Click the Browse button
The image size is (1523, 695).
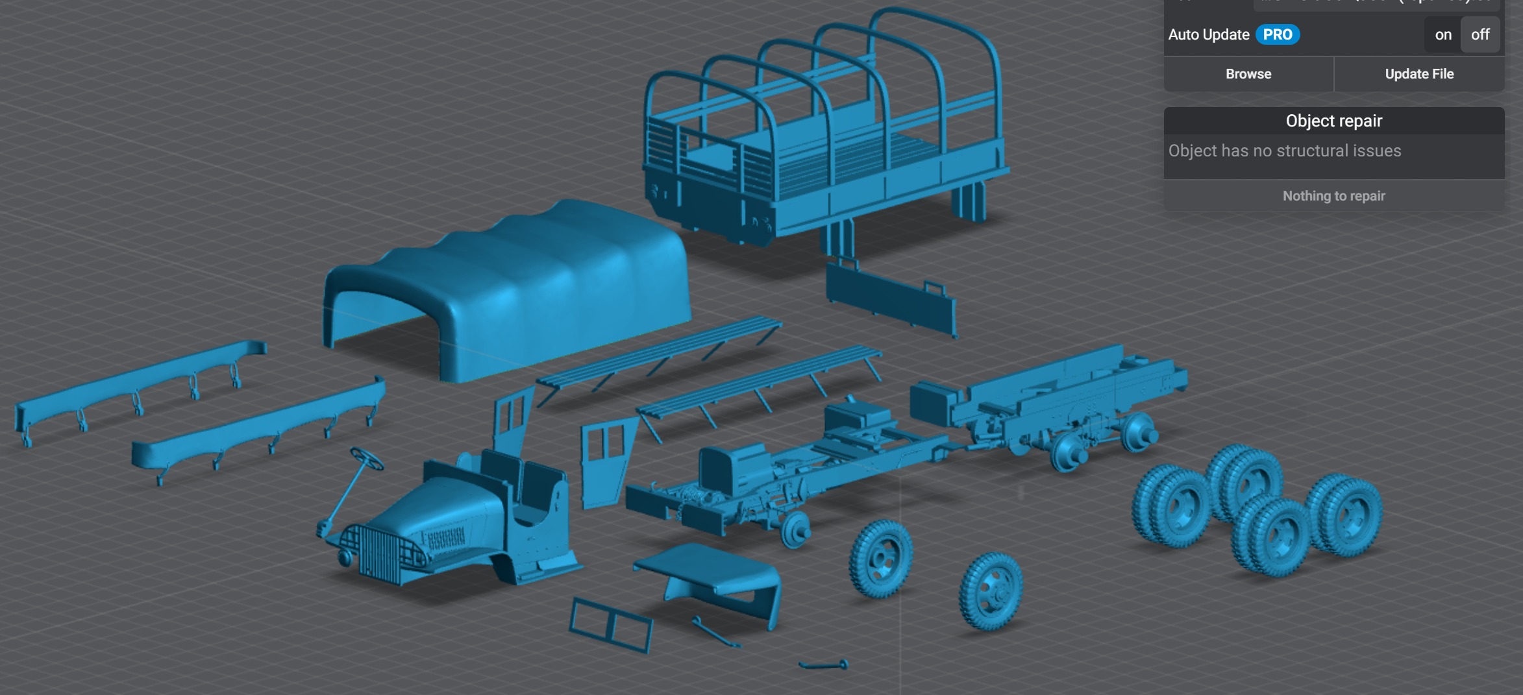[1248, 74]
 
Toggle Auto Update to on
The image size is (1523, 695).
[1443, 35]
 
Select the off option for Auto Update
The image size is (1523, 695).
[1480, 35]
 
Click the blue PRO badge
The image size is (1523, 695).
[1277, 35]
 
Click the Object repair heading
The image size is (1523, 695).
[1333, 121]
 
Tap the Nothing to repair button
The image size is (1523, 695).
[1333, 196]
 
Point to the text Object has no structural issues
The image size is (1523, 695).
[1284, 151]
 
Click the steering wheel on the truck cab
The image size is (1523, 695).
[367, 458]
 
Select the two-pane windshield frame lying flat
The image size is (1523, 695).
[610, 625]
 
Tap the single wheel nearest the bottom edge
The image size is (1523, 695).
[991, 591]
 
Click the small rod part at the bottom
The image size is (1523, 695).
[823, 665]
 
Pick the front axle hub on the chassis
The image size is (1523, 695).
[795, 529]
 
